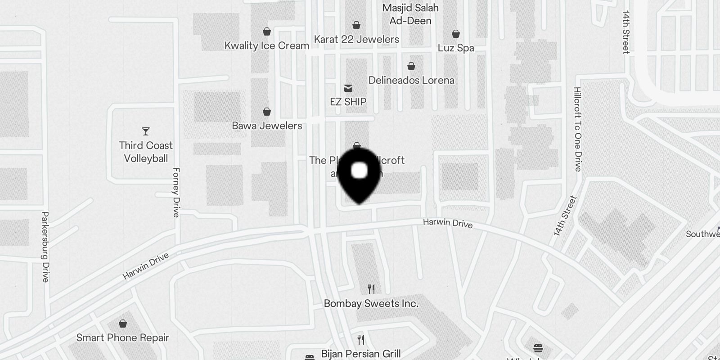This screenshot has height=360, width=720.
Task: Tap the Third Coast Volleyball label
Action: (x=146, y=152)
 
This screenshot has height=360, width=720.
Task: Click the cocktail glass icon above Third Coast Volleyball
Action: (x=145, y=131)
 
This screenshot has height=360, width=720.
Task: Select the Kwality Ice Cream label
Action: (x=266, y=45)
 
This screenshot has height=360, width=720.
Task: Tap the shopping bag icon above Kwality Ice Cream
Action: (x=267, y=31)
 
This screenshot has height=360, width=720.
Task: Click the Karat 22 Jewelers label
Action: (x=356, y=40)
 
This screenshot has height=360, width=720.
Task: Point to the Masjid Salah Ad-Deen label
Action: (x=410, y=14)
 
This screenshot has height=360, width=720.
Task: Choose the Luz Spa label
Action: (x=456, y=48)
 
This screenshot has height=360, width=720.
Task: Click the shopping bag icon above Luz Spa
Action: (x=456, y=34)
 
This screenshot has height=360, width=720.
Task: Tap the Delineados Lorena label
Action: (x=411, y=81)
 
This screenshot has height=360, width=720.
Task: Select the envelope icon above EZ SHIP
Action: (x=348, y=88)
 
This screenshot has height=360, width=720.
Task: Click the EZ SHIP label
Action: (x=348, y=102)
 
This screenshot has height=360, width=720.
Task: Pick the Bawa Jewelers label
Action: (x=267, y=126)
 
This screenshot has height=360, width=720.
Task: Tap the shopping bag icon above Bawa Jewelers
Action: (x=267, y=112)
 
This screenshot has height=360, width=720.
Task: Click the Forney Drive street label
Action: (x=176, y=193)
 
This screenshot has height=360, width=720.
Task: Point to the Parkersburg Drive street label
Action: (x=45, y=247)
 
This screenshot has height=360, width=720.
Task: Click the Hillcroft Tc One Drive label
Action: (x=578, y=129)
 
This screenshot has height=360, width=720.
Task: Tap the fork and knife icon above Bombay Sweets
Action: (x=371, y=289)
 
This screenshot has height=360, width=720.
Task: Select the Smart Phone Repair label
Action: (x=123, y=337)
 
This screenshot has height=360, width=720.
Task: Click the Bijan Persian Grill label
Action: (x=361, y=354)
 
